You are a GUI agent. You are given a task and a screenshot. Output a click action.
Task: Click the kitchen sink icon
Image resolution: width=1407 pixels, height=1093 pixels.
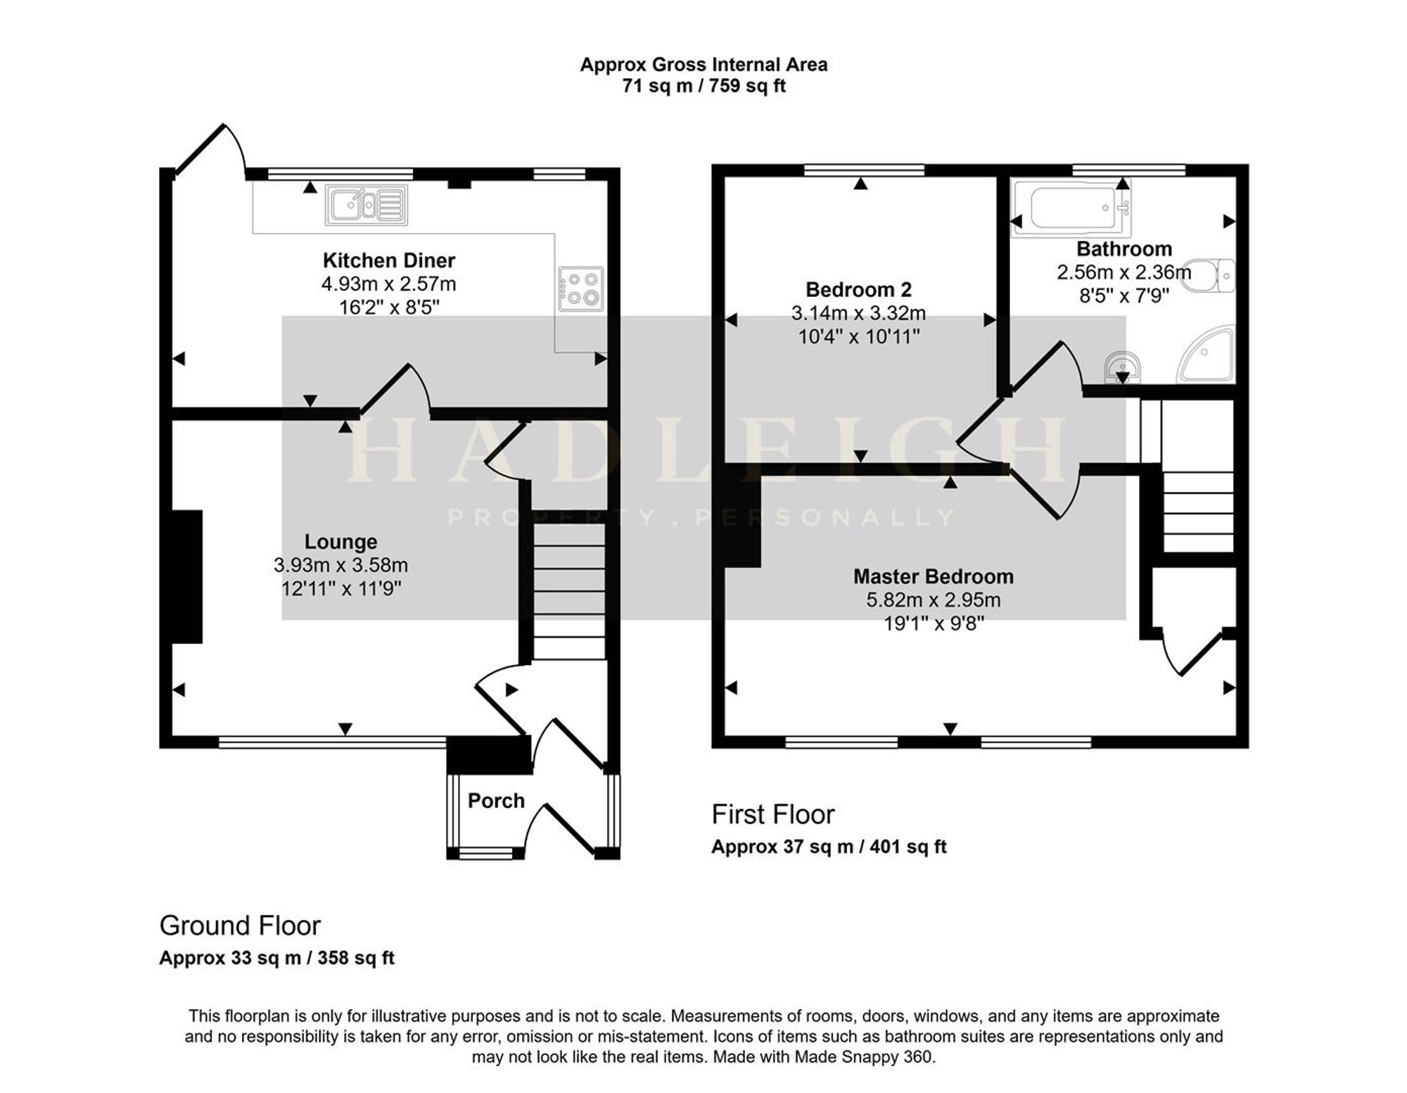click(367, 205)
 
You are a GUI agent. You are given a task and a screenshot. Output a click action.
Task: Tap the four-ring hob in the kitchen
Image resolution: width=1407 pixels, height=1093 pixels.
click(581, 289)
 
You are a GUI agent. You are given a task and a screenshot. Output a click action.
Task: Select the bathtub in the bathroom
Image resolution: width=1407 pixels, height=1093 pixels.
click(1073, 208)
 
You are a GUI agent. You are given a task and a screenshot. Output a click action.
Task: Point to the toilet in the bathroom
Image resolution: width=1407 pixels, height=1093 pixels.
click(1209, 275)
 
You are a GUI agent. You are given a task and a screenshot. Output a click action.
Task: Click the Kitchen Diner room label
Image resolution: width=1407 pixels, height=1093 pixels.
click(389, 260)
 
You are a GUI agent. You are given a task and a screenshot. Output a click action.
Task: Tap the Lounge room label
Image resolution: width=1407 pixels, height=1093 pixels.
click(340, 541)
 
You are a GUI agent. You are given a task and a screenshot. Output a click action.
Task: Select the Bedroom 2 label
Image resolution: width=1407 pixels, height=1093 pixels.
click(858, 289)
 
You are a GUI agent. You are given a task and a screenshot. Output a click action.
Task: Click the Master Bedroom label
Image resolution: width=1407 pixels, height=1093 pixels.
click(934, 576)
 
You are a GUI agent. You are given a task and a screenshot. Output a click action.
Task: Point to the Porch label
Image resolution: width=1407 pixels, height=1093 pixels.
click(496, 800)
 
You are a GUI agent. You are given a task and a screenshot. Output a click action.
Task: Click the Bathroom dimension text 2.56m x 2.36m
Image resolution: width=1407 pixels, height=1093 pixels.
click(1124, 272)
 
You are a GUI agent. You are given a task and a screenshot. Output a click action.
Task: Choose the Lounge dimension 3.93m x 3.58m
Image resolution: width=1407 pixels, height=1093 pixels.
click(340, 565)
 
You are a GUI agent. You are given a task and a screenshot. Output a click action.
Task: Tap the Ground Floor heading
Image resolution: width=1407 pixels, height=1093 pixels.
click(240, 925)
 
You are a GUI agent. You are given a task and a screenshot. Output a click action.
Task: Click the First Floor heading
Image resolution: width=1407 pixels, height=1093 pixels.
click(772, 814)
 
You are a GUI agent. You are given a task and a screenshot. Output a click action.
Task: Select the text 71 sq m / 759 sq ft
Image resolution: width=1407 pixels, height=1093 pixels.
click(703, 86)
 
